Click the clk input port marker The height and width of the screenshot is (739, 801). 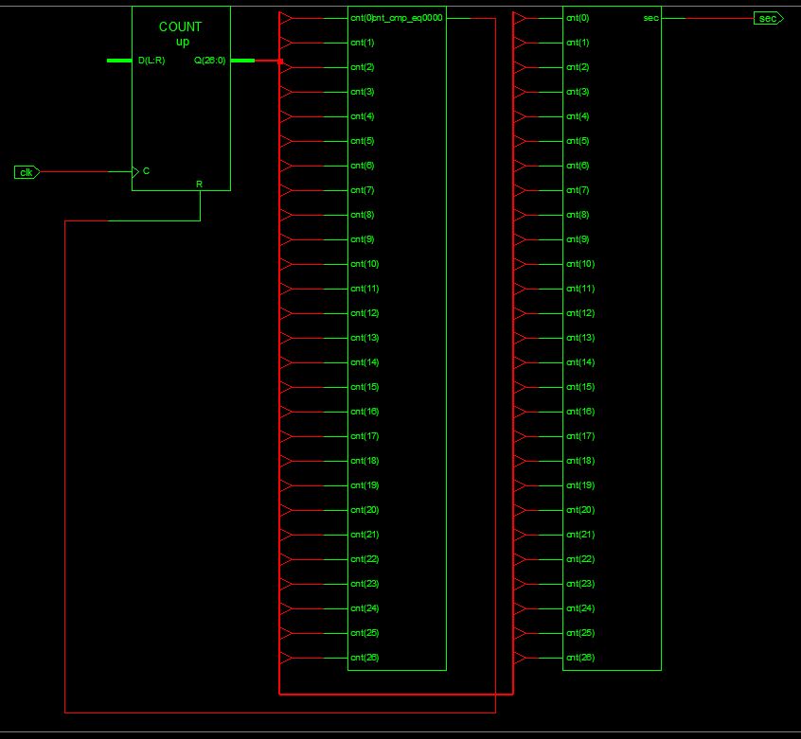27,172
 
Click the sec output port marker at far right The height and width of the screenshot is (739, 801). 768,18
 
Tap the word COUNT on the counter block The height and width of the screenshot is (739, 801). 180,27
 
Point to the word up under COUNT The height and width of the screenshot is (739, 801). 182,42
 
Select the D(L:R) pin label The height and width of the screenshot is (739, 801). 151,61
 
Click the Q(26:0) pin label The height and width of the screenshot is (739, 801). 210,61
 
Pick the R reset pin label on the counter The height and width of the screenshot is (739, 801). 199,183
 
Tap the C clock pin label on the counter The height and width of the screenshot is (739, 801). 146,171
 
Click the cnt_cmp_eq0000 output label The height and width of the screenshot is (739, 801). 409,18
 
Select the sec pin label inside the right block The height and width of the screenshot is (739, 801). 650,18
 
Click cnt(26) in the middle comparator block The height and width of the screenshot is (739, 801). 365,658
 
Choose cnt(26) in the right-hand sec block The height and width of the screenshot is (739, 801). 580,658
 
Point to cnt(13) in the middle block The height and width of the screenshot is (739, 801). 365,338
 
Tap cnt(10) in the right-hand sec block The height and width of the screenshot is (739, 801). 580,264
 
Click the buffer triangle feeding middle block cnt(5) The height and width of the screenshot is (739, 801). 287,141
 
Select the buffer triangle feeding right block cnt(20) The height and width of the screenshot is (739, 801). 520,510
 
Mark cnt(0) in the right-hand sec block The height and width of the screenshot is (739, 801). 578,18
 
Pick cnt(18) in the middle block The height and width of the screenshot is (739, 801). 365,461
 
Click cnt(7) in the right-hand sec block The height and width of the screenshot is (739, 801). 578,190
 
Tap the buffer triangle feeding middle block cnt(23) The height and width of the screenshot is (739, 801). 287,584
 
